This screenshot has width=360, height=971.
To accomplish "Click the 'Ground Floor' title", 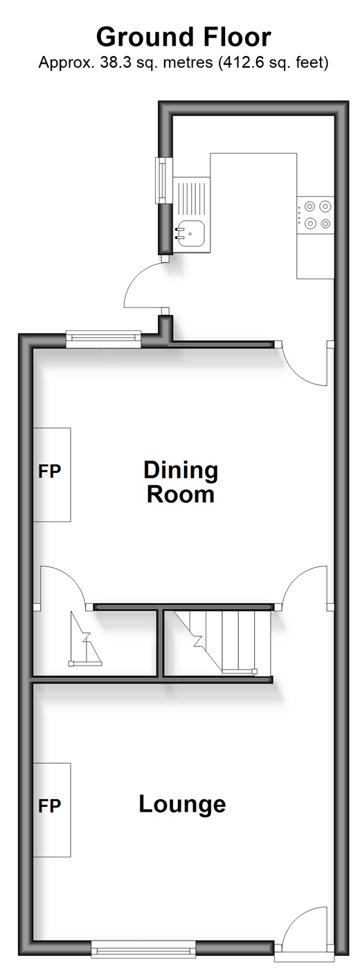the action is pyautogui.click(x=183, y=37).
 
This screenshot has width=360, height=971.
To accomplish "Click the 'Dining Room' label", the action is pyautogui.click(x=181, y=483).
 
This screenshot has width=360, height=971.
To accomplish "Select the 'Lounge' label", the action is pyautogui.click(x=182, y=805).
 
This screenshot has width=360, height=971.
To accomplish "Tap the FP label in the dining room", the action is pyautogui.click(x=49, y=471).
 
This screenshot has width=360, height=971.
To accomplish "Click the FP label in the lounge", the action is pyautogui.click(x=49, y=806).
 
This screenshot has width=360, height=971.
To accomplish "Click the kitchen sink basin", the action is pyautogui.click(x=190, y=233).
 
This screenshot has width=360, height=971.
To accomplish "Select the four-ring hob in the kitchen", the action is pyautogui.click(x=316, y=214).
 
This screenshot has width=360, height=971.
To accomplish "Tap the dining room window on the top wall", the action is pyautogui.click(x=104, y=339).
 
